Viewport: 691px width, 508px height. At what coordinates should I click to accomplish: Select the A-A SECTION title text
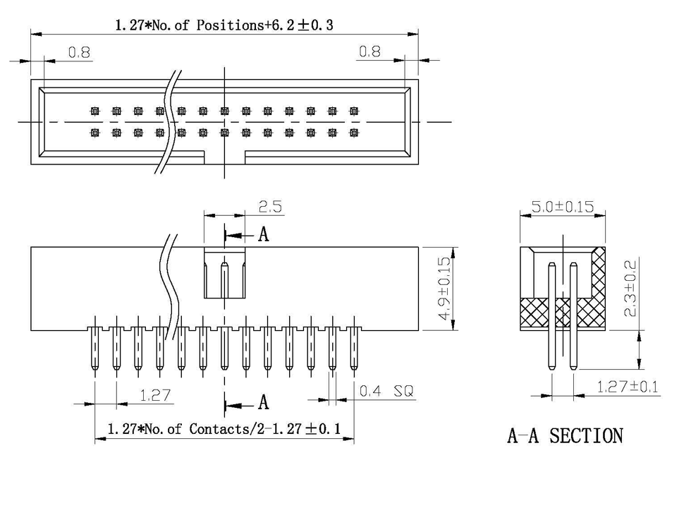pyautogui.click(x=565, y=436)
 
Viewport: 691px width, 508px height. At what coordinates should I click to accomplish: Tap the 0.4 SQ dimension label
pyautogui.click(x=386, y=391)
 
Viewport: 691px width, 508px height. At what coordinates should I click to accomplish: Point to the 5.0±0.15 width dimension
pyautogui.click(x=562, y=207)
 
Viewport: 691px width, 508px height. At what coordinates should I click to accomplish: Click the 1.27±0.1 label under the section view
pyautogui.click(x=627, y=387)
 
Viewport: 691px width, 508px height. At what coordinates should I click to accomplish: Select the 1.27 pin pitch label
pyautogui.click(x=155, y=395)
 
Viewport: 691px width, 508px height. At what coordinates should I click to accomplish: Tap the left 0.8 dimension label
pyautogui.click(x=80, y=52)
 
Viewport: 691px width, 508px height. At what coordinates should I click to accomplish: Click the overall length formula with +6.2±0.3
pyautogui.click(x=224, y=25)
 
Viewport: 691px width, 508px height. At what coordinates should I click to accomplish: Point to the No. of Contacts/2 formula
pyautogui.click(x=224, y=428)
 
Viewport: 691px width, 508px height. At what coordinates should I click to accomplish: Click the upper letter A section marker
pyautogui.click(x=264, y=234)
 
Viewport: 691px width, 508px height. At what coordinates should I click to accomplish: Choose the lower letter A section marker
pyautogui.click(x=264, y=402)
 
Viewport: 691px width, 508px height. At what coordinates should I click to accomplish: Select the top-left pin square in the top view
pyautogui.click(x=95, y=111)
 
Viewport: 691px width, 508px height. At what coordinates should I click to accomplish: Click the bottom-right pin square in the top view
pyautogui.click(x=354, y=132)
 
